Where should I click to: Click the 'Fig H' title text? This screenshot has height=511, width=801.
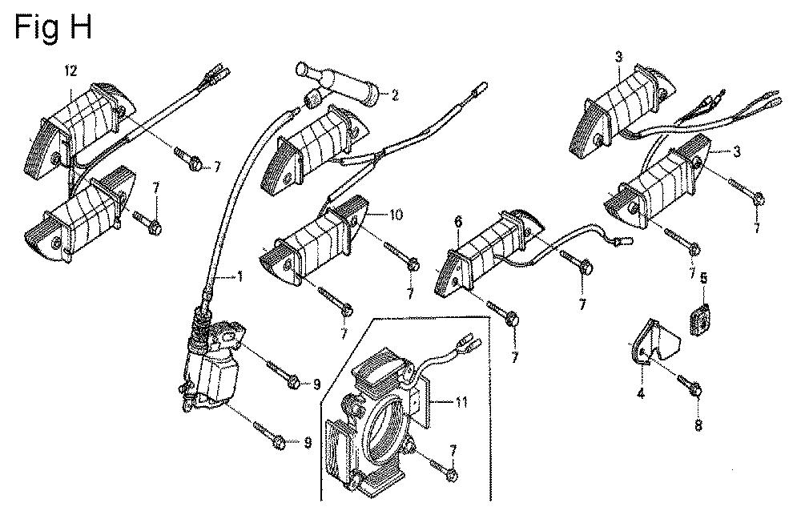click(54, 26)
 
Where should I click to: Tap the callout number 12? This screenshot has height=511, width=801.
click(70, 71)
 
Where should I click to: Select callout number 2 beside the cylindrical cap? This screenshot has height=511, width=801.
click(395, 95)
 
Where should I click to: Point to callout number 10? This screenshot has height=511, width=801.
click(396, 214)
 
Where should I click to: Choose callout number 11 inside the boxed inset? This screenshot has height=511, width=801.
click(461, 402)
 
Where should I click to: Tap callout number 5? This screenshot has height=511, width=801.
click(703, 278)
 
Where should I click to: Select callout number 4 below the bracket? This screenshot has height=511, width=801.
click(641, 393)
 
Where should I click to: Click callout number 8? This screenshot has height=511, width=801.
click(698, 424)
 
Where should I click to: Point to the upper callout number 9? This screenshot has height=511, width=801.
click(316, 384)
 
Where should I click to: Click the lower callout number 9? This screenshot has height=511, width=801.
click(308, 443)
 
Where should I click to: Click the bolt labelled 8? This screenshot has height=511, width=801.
click(690, 384)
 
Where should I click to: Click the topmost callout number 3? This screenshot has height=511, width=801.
click(618, 57)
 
